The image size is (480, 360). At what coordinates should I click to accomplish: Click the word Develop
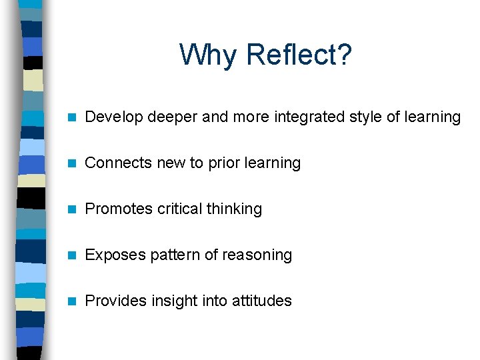(x=114, y=117)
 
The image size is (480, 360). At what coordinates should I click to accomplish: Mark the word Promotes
(x=119, y=209)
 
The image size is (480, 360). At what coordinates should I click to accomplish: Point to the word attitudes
(x=261, y=301)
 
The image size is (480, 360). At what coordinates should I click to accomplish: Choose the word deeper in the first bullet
(x=172, y=118)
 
